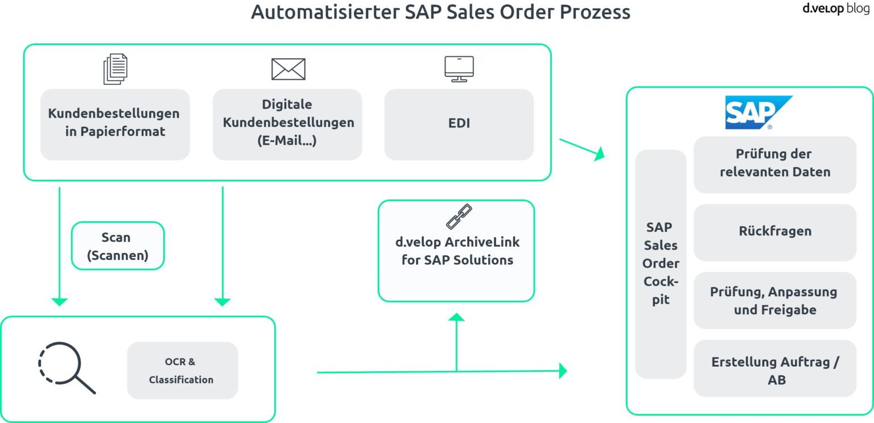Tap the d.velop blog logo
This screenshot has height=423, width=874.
(835, 9)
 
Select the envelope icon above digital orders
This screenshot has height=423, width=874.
(288, 69)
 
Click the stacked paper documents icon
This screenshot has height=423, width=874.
(116, 69)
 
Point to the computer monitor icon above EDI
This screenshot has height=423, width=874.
(459, 69)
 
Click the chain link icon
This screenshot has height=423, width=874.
(459, 217)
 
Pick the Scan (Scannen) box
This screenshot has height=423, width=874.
(118, 246)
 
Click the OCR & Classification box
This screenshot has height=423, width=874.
(182, 370)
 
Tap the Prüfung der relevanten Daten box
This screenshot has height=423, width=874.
(774, 164)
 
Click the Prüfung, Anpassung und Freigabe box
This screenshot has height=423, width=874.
(774, 300)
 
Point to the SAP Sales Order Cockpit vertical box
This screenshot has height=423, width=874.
(661, 264)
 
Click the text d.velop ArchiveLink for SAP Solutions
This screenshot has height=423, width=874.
(457, 251)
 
